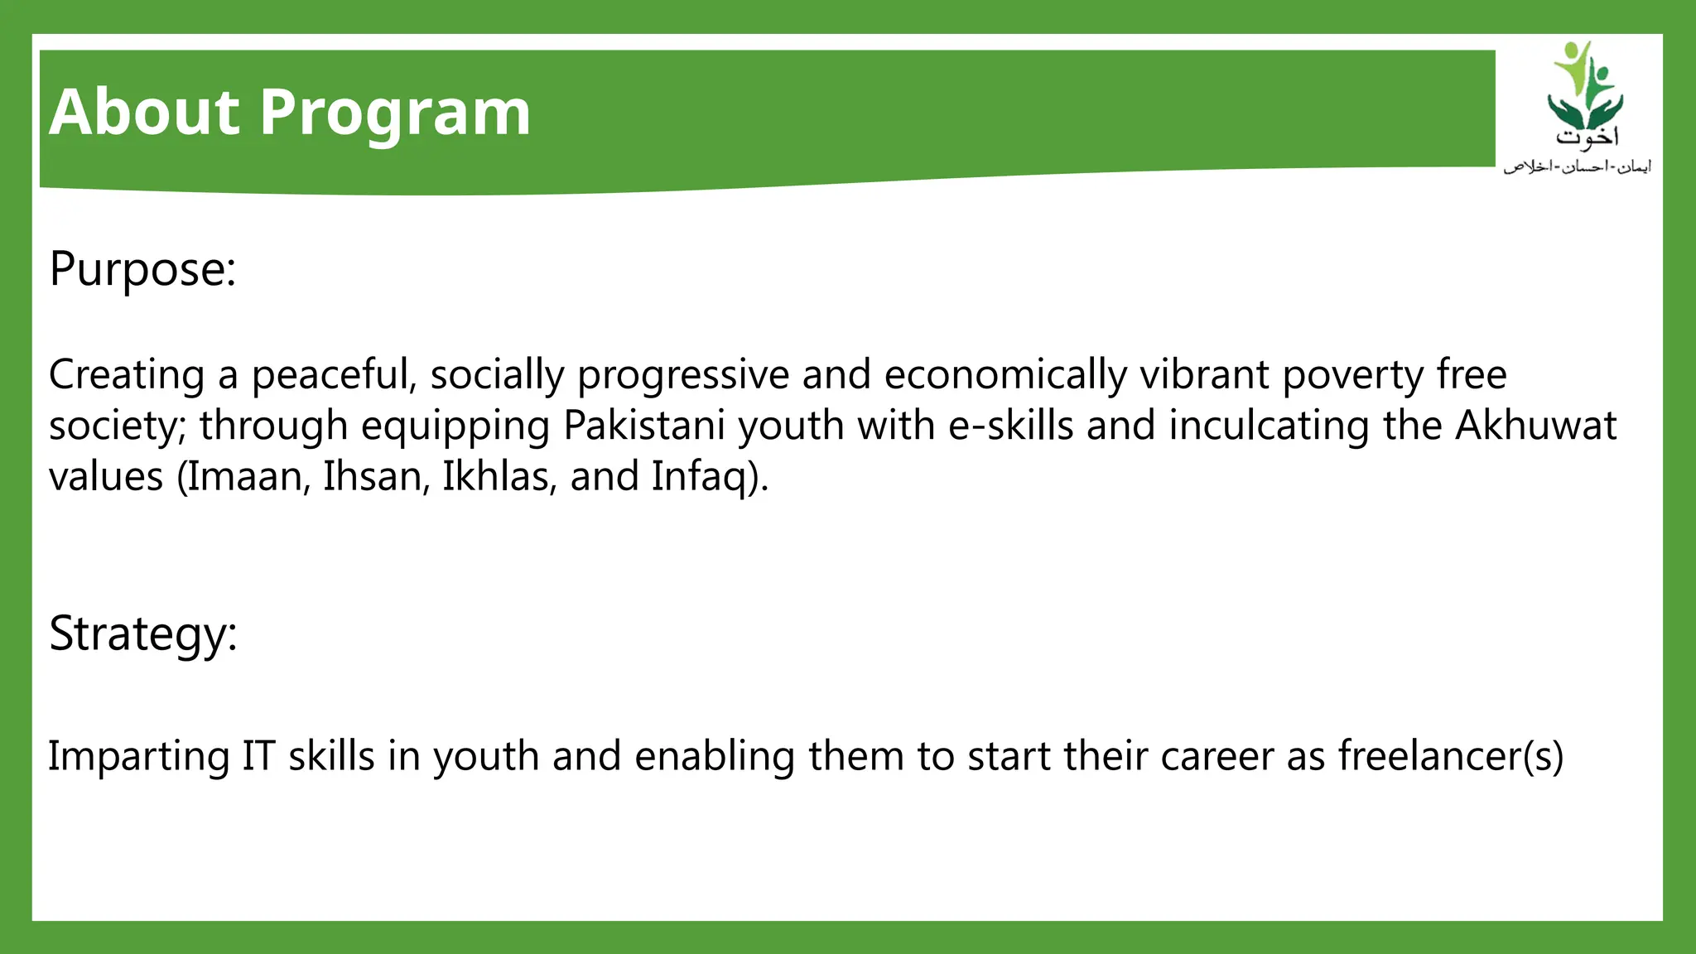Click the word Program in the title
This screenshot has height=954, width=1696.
point(395,114)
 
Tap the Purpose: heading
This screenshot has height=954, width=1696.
point(142,270)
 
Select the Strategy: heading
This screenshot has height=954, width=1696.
point(142,634)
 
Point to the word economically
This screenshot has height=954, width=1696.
point(1005,375)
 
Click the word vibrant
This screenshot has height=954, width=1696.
point(1204,375)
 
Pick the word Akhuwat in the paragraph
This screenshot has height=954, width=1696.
point(1535,426)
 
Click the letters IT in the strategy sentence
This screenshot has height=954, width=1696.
point(258,756)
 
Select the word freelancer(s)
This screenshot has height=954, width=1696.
point(1450,756)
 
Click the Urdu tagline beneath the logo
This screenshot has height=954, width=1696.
point(1577,166)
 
